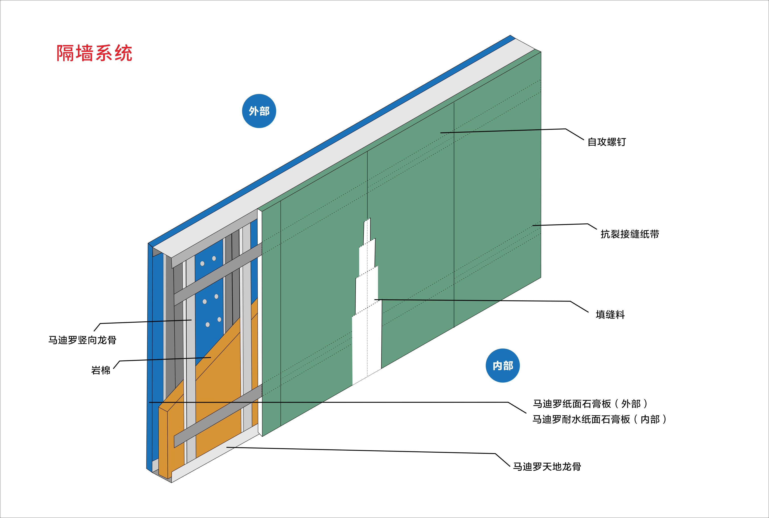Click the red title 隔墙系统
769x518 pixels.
coord(95,53)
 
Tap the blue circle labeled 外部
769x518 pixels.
coord(259,111)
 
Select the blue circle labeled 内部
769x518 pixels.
coord(502,365)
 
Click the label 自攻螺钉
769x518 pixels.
coord(607,142)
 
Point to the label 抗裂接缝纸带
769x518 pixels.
coord(630,234)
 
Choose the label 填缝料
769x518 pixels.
coord(610,314)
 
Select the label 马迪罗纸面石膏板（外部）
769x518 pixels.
coord(590,404)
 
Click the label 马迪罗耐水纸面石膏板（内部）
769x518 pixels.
coord(599,419)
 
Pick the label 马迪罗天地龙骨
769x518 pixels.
coord(547,466)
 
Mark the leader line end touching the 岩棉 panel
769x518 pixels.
coord(210,357)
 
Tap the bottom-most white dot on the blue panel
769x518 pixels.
coord(208,324)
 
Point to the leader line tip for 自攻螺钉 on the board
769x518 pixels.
coord(441,133)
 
